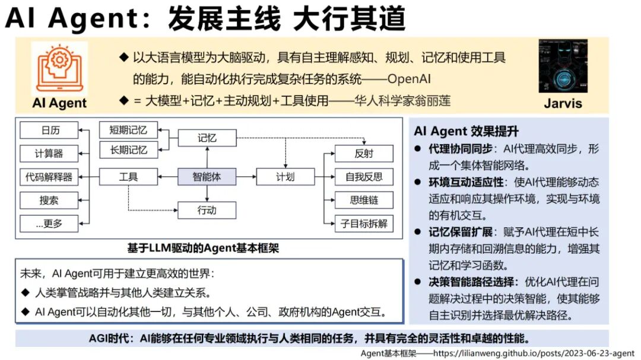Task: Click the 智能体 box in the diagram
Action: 207,177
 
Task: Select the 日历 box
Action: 49,130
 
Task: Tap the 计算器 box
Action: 49,154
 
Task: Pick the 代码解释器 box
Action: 49,177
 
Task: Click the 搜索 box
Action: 49,200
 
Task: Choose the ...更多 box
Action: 49,224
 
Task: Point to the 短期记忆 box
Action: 128,130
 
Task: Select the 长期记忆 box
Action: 128,150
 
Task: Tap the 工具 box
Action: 128,177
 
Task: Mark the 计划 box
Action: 285,177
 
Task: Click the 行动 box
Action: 207,210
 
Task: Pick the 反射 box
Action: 364,154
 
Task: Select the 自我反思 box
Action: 364,177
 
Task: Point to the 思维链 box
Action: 364,200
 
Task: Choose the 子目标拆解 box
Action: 364,224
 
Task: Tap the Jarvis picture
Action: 562,66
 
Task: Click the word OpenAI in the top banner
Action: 409,79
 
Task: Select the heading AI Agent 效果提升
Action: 467,131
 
